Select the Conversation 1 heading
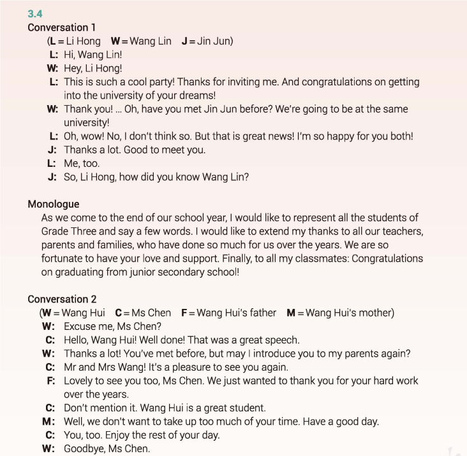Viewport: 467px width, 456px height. point(62,27)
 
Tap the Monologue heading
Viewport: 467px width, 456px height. point(54,204)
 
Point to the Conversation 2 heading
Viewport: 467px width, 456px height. point(62,299)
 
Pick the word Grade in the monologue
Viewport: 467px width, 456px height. point(55,231)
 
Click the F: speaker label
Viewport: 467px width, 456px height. point(50,381)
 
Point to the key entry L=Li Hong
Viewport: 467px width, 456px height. point(75,41)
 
